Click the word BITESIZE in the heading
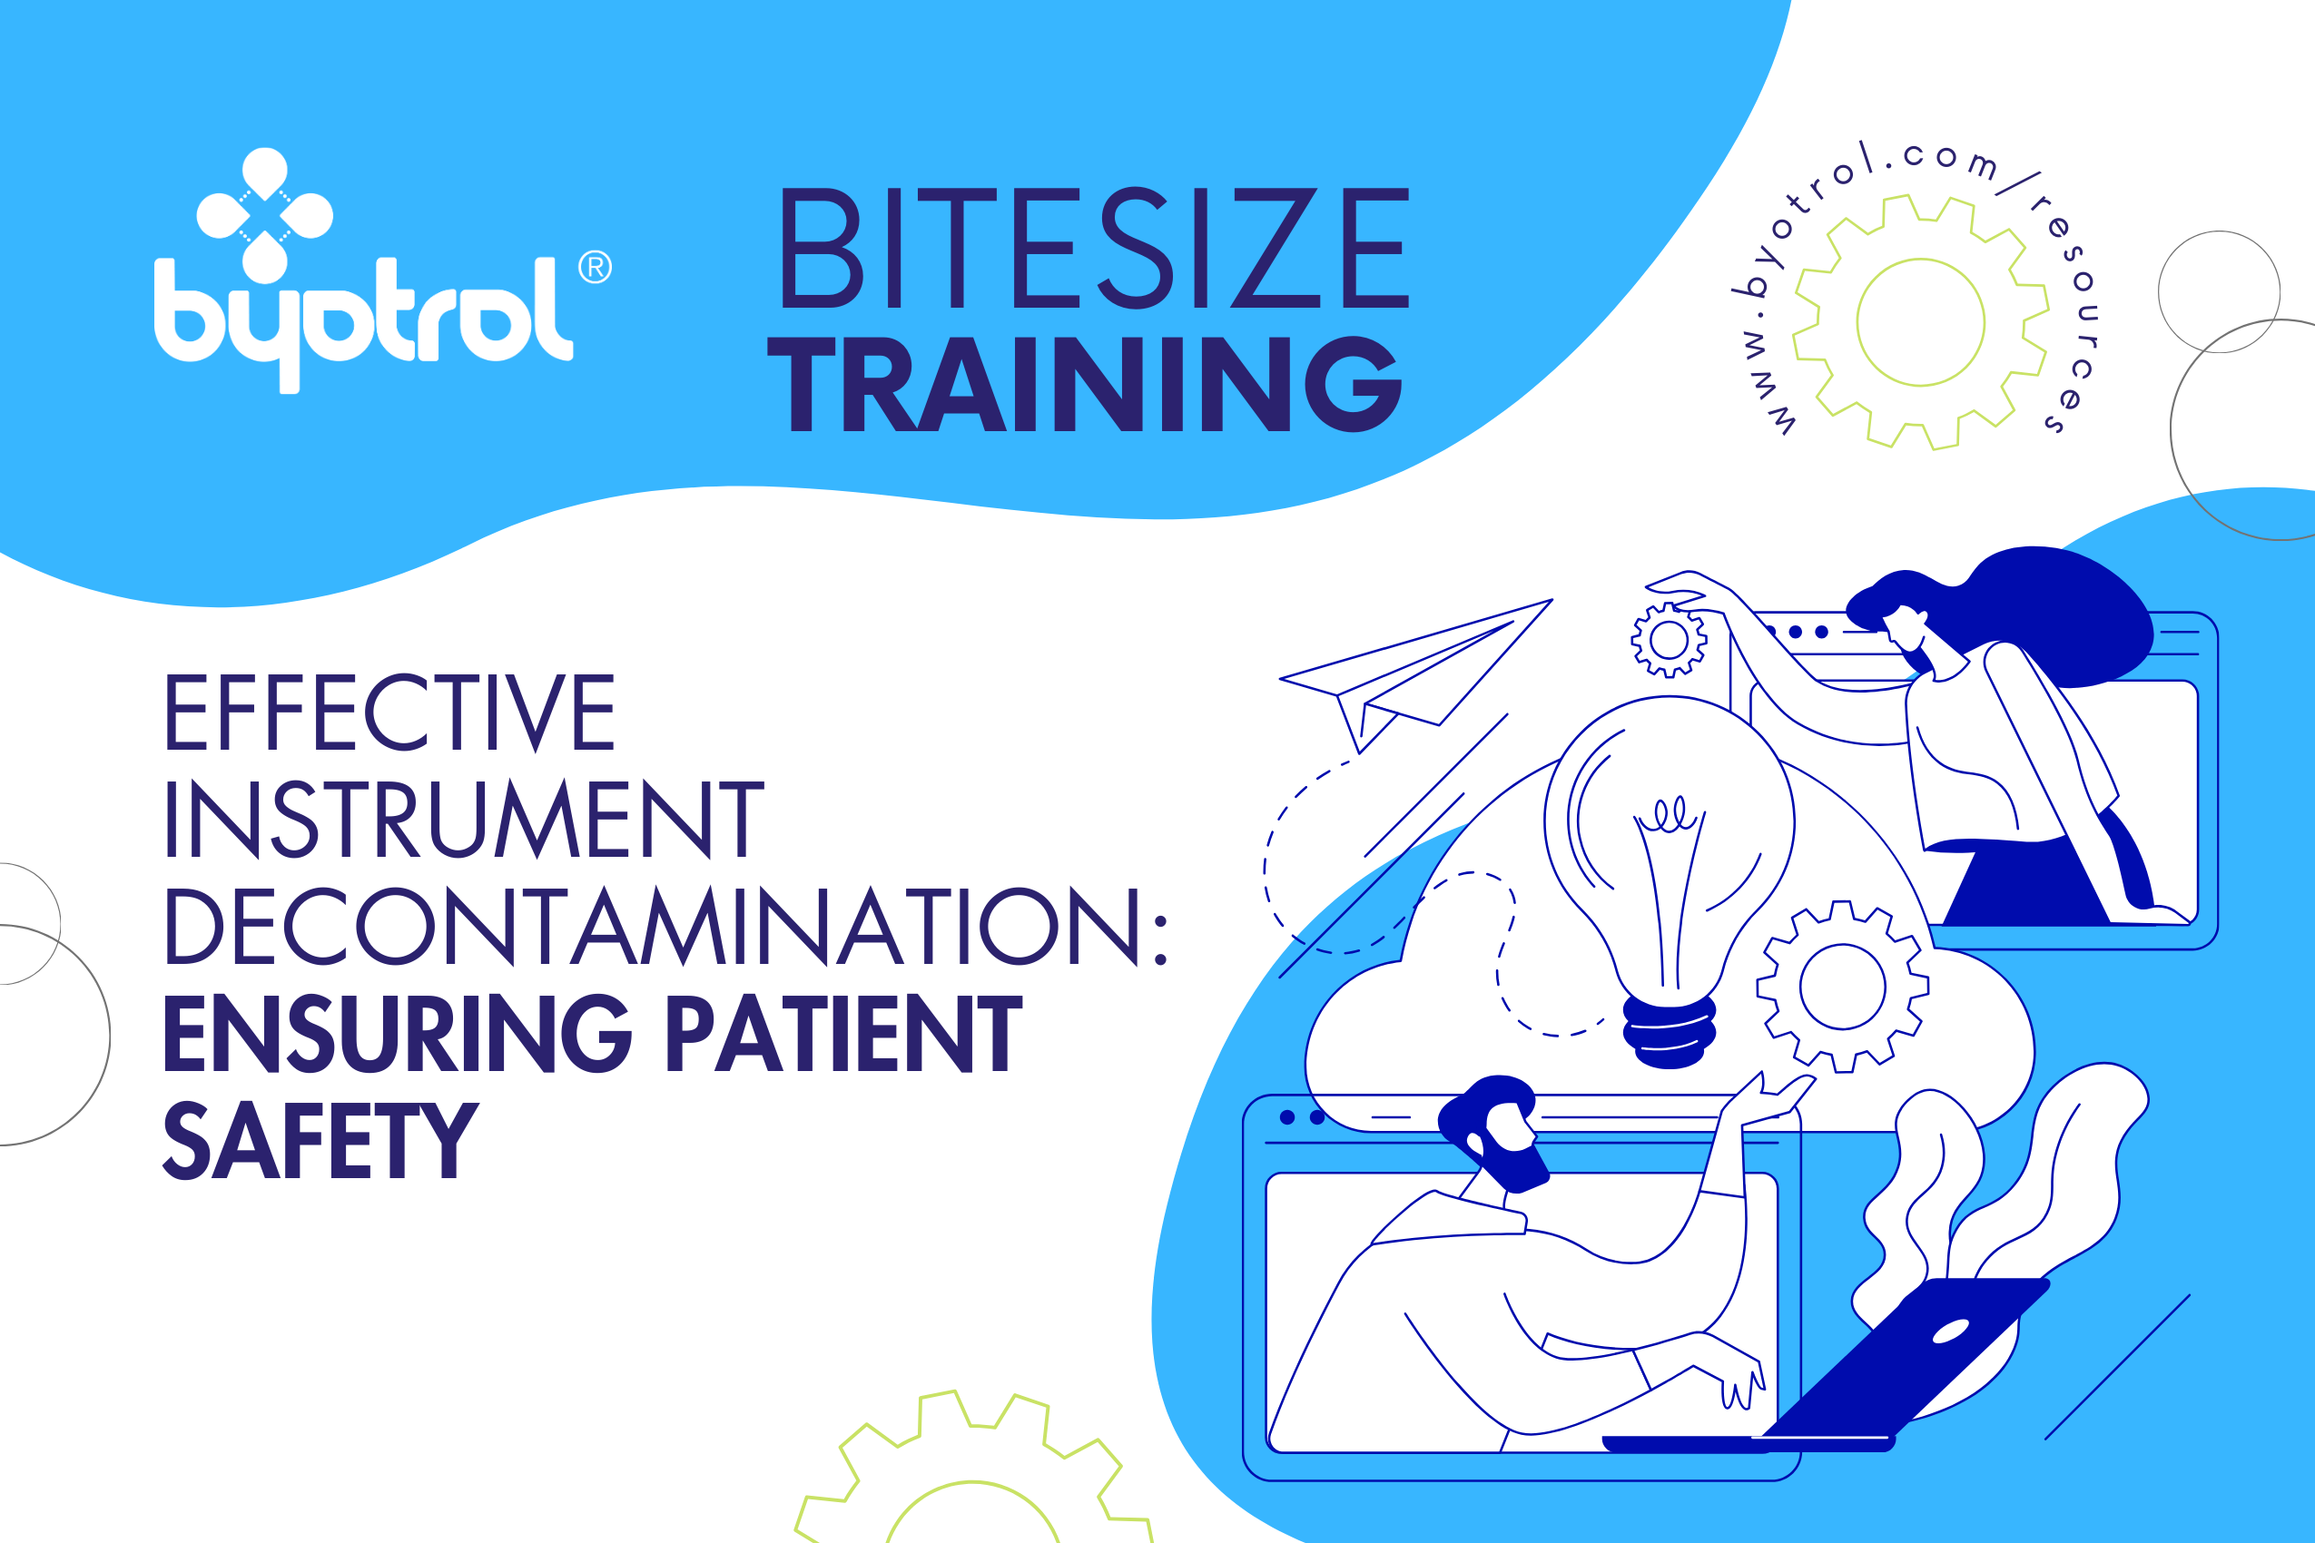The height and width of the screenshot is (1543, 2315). pyautogui.click(x=1094, y=247)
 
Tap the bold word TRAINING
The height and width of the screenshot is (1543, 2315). pyautogui.click(x=1085, y=384)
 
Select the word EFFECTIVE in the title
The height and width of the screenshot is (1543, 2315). pyautogui.click(x=389, y=713)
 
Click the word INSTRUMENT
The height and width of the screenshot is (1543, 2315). pyautogui.click(x=465, y=819)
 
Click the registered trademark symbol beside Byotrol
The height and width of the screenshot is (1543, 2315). pyautogui.click(x=595, y=267)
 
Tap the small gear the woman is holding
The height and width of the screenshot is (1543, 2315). pyautogui.click(x=1670, y=641)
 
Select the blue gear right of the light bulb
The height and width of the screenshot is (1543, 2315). pyautogui.click(x=1843, y=987)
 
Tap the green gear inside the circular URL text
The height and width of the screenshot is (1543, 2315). pyautogui.click(x=1920, y=323)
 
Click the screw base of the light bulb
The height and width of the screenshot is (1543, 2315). pyautogui.click(x=1670, y=1031)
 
